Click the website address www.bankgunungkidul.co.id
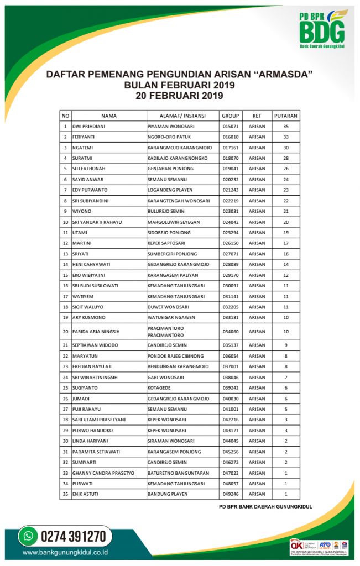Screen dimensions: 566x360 65,552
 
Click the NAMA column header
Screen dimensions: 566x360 109,116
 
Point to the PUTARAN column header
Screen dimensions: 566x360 285,116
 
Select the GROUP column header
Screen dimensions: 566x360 230,116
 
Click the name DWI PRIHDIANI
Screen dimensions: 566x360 89,127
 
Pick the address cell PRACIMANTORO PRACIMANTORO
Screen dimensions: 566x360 166,332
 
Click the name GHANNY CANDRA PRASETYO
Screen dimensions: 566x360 103,473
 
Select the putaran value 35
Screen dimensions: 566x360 286,127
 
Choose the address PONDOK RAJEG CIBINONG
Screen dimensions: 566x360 175,356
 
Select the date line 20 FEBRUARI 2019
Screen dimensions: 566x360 179,96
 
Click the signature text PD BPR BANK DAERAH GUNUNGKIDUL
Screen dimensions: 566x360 265,506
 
